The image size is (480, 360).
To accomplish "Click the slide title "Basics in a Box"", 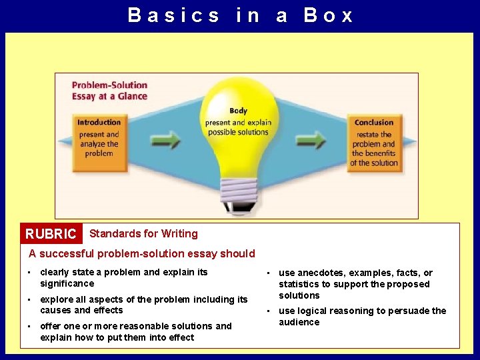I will pos(240,15).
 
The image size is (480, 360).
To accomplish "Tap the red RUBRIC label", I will pos(51,234).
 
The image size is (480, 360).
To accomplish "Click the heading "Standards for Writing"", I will pos(143,233).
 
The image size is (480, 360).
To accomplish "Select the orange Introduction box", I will pos(99,138).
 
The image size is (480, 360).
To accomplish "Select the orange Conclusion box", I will pos(373,143).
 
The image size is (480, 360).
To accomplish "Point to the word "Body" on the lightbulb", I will pos(238,111).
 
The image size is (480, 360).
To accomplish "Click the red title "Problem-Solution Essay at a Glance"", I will pos(109,90).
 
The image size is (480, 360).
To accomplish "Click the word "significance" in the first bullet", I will pos(67,283).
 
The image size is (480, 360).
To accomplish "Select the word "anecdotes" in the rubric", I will pos(321,273).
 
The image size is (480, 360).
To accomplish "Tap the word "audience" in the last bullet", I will pos(299,322).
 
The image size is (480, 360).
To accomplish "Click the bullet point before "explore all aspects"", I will pos(30,300).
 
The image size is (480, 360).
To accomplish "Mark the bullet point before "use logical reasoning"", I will pos(268,311).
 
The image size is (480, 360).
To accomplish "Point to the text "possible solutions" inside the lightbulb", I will pos(238,132).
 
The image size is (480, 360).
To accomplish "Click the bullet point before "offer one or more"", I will pos(30,327).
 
